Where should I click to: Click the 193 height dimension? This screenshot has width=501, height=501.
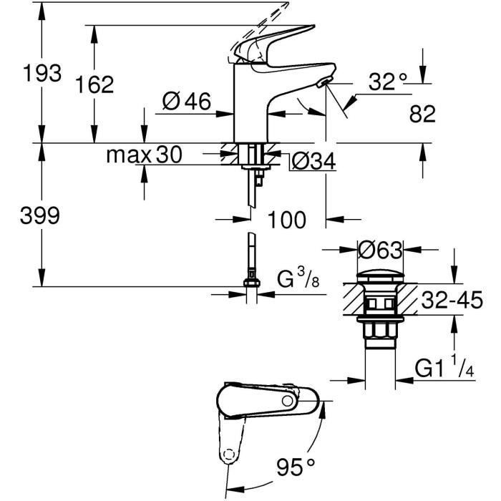click(x=42, y=73)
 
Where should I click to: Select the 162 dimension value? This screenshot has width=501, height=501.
click(x=96, y=84)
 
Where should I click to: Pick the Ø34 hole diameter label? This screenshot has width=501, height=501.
click(x=313, y=162)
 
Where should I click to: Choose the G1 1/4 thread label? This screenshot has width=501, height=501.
click(x=444, y=369)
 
